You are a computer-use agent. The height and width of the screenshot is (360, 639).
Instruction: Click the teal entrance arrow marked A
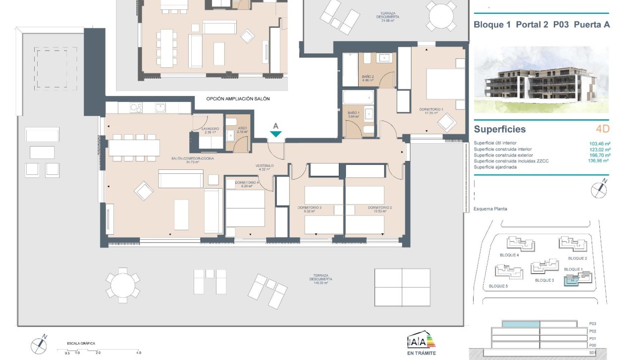click(x=276, y=134)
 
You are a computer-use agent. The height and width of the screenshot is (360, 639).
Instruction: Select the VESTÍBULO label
click(x=265, y=165)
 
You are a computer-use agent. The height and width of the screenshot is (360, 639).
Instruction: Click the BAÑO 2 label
click(x=367, y=77)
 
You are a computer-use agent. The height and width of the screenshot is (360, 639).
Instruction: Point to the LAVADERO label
click(x=210, y=129)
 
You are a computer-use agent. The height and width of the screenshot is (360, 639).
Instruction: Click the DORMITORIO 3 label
click(x=310, y=207)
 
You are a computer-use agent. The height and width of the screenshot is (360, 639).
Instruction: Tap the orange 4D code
click(x=602, y=129)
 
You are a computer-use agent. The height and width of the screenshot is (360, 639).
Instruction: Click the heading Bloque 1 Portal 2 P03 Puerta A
click(x=541, y=24)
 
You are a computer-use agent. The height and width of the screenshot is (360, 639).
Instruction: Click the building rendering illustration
click(x=541, y=79)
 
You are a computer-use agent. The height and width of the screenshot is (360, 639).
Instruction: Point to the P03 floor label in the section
click(x=592, y=323)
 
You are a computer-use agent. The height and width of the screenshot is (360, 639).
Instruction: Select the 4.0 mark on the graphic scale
click(x=138, y=353)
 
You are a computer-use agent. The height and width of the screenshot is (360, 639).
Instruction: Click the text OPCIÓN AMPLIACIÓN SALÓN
click(x=238, y=99)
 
